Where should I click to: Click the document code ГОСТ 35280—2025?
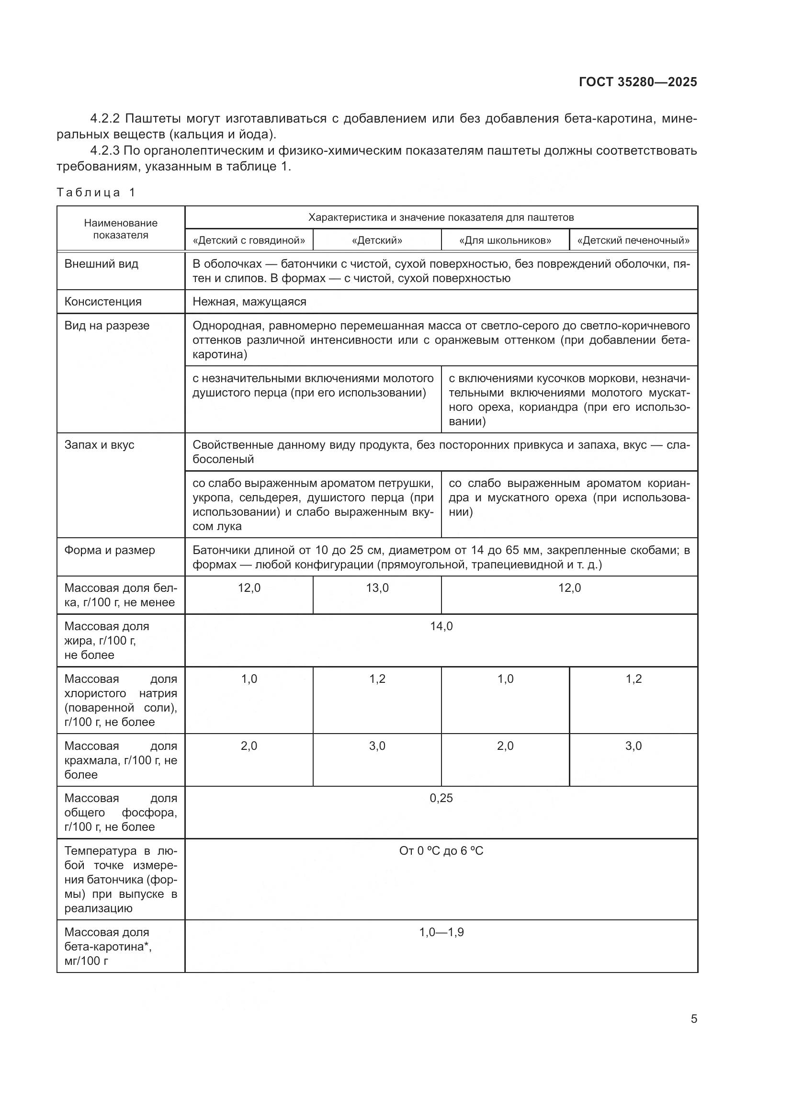pyautogui.click(x=637, y=82)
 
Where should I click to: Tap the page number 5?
pyautogui.click(x=693, y=1018)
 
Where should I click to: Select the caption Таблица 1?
pyautogui.click(x=96, y=192)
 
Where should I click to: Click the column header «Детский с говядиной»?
pyautogui.click(x=249, y=240)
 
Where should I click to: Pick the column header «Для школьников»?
pyautogui.click(x=505, y=240)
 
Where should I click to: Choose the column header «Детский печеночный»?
pyautogui.click(x=633, y=240)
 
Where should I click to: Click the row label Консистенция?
pyautogui.click(x=103, y=302)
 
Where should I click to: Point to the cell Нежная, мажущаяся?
pyautogui.click(x=249, y=302)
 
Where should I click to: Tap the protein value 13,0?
pyautogui.click(x=377, y=588)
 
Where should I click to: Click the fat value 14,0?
pyautogui.click(x=441, y=626)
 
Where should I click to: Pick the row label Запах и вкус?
pyautogui.click(x=99, y=444)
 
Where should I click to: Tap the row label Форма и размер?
pyautogui.click(x=109, y=550)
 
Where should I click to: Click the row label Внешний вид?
pyautogui.click(x=101, y=264)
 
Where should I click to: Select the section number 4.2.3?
pyautogui.click(x=105, y=150)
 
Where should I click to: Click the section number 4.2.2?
pyautogui.click(x=105, y=119)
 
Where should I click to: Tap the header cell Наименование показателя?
pyautogui.click(x=121, y=229)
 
